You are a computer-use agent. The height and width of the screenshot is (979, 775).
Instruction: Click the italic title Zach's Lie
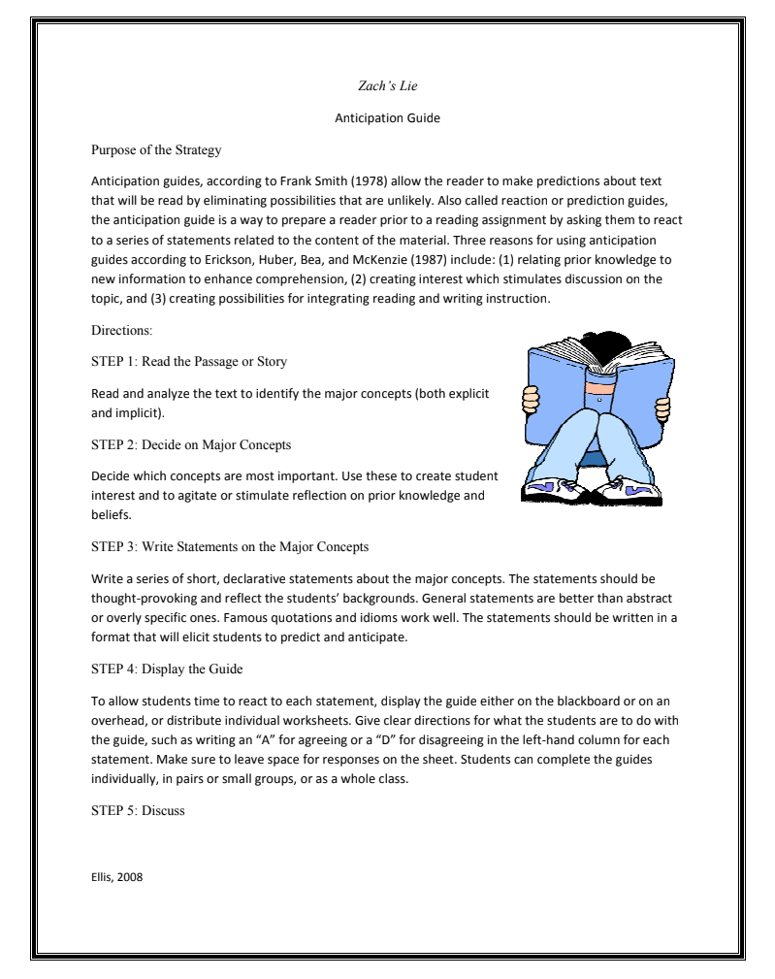click(387, 87)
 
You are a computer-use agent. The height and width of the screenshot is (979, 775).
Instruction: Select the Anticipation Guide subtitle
click(387, 118)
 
